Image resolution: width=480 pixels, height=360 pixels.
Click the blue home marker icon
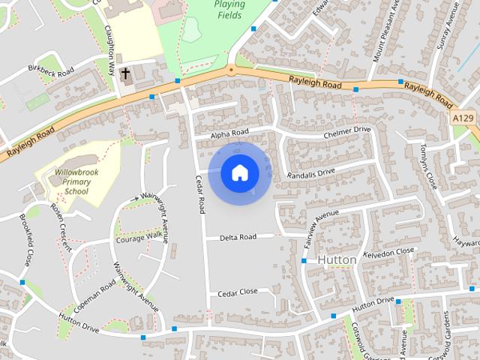[239, 173]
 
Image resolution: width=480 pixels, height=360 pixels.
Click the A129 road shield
[463, 118]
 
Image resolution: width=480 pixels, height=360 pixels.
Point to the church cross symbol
[125, 74]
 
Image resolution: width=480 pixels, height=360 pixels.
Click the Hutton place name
[337, 259]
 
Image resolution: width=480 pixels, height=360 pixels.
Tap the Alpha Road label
[229, 133]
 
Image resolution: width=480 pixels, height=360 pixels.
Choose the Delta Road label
[238, 237]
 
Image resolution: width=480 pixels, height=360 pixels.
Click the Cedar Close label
[238, 292]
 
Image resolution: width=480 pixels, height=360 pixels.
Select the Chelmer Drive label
[347, 132]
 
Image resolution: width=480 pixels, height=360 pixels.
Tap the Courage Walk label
[138, 238]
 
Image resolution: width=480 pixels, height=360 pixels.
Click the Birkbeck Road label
[51, 71]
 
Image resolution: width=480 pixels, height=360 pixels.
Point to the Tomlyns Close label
[429, 164]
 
